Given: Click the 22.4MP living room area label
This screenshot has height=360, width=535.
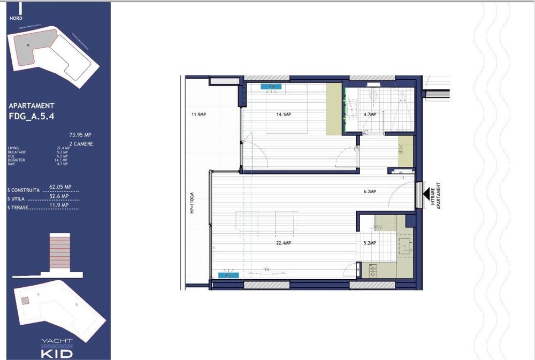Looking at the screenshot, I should (283, 243).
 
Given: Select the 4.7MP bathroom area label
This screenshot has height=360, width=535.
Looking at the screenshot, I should (370, 114).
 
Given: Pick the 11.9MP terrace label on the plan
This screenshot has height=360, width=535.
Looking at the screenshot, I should (198, 114).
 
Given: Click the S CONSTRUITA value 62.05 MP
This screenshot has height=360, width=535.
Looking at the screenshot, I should (60, 187).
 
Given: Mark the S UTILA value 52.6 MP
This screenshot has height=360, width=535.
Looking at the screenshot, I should (59, 196).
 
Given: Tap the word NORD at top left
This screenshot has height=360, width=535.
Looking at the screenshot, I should (17, 18).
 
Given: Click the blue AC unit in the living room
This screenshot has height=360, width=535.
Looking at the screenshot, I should (229, 275).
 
